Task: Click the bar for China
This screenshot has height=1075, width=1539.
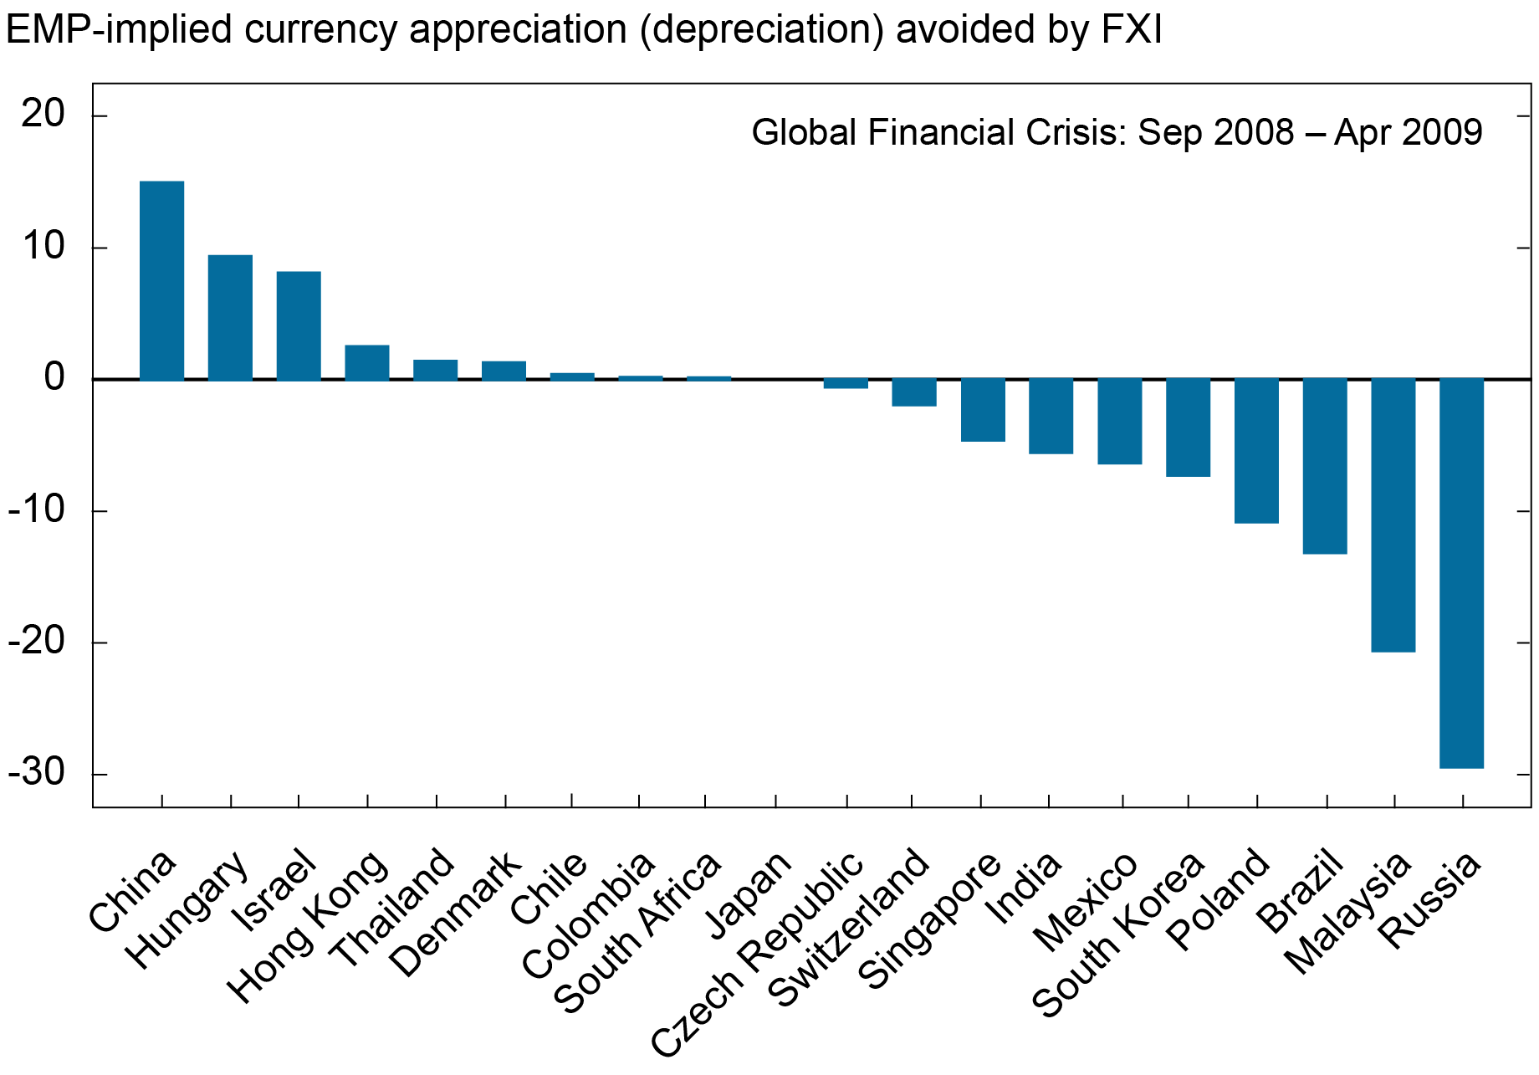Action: tap(161, 280)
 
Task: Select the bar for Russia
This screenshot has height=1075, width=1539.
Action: tap(1461, 573)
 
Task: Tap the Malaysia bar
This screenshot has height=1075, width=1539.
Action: tap(1393, 514)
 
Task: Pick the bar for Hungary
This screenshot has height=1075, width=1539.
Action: tap(230, 317)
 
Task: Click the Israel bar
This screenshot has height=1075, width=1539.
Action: tap(299, 325)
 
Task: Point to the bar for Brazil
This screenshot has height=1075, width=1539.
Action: tap(1325, 466)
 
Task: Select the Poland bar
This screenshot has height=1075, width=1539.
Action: tap(1256, 451)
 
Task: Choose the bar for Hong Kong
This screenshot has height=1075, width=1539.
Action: tap(367, 362)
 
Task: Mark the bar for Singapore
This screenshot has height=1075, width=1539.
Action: tap(983, 410)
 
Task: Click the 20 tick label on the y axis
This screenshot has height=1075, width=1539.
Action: tap(43, 115)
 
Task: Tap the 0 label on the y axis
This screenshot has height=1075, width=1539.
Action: tap(54, 378)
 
